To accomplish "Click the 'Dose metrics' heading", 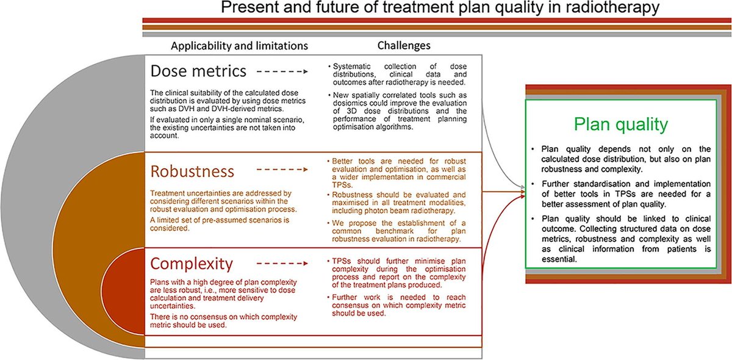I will [x=199, y=73].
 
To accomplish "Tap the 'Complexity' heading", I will [x=192, y=264].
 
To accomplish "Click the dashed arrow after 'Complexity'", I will [x=282, y=264].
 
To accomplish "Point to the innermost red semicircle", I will [x=125, y=293].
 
